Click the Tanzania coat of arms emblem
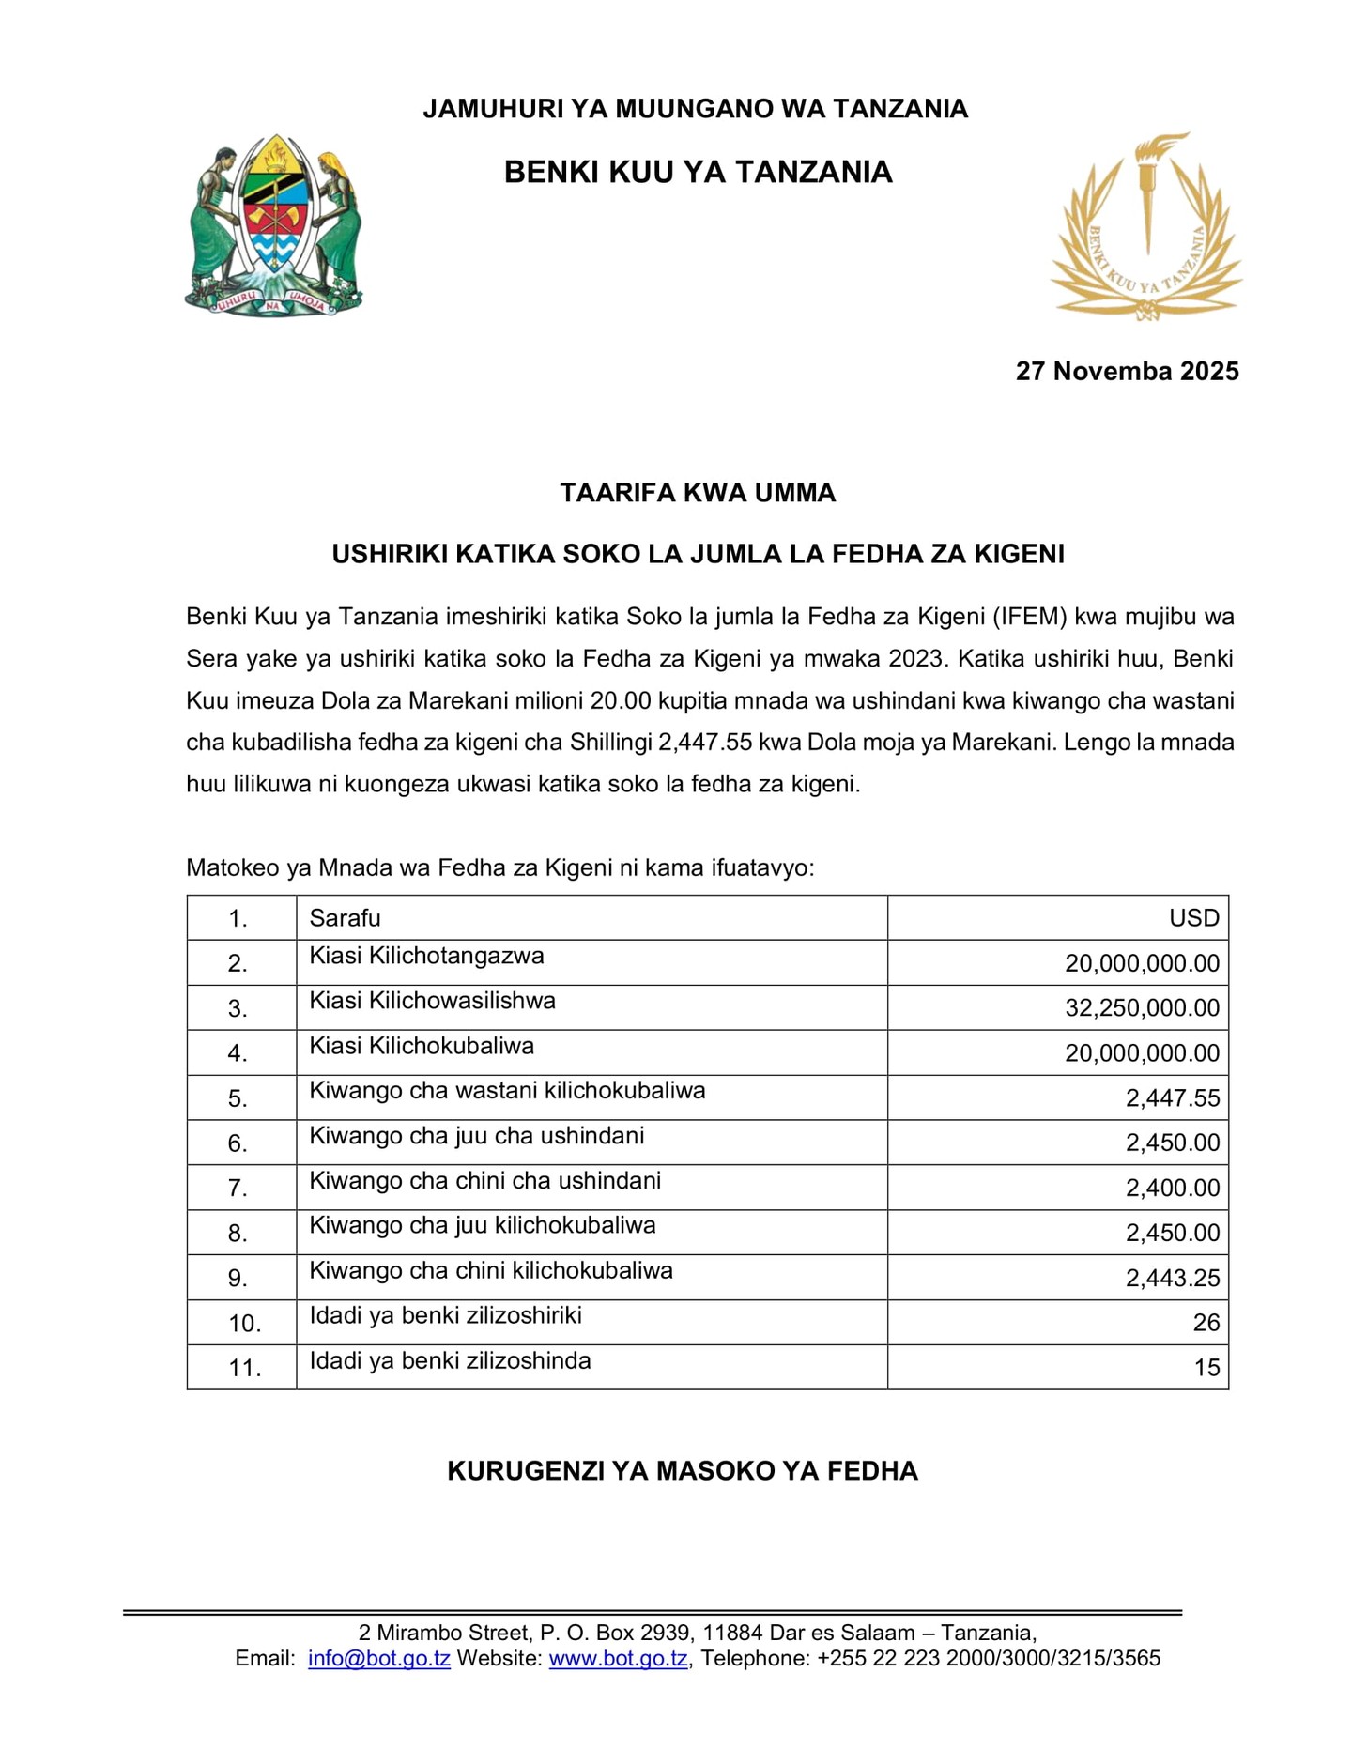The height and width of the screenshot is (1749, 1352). click(x=273, y=224)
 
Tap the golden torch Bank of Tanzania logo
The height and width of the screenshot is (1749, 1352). click(x=1145, y=227)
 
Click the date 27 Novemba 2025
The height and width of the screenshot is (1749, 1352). click(x=1127, y=371)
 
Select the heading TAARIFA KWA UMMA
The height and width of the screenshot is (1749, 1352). click(x=698, y=493)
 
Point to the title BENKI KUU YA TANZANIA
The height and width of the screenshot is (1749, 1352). click(x=698, y=172)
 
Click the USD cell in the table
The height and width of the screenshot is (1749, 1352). click(x=1193, y=918)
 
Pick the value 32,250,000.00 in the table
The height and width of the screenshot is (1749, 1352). click(x=1142, y=1008)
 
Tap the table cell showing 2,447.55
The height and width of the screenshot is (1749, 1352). click(x=1173, y=1098)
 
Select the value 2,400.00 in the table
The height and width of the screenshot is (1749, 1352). click(x=1173, y=1189)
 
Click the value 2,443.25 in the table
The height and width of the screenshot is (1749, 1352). click(x=1173, y=1279)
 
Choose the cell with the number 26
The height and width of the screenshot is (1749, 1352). click(x=1206, y=1323)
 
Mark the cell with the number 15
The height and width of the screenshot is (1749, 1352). click(x=1206, y=1368)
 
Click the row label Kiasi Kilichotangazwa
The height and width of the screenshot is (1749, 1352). click(x=426, y=957)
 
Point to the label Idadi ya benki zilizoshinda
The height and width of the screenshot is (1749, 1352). click(x=450, y=1361)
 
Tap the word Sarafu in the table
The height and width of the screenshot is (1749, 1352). click(x=345, y=918)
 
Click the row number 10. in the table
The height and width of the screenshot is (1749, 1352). click(x=244, y=1324)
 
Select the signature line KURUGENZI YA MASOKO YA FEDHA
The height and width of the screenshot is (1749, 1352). click(x=683, y=1471)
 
